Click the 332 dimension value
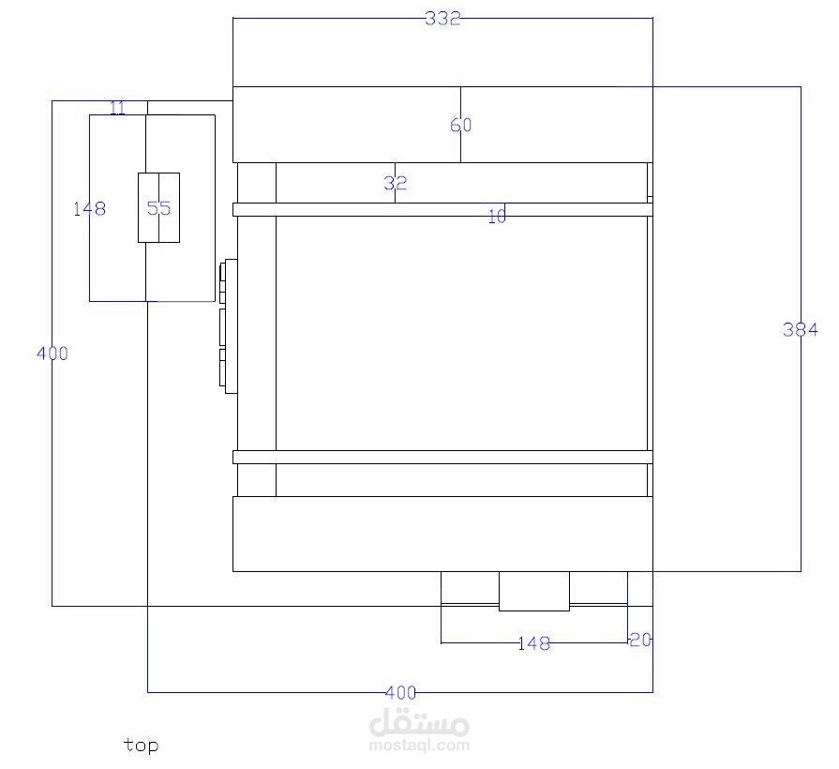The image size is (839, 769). (x=442, y=19)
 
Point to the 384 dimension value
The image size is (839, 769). (x=800, y=329)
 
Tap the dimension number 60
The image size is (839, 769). (x=460, y=125)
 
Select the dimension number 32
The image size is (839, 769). (x=396, y=184)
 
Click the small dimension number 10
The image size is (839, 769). (x=497, y=217)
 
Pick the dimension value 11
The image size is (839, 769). (x=118, y=108)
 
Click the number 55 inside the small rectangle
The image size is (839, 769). (x=159, y=207)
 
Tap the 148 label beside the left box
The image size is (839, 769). (x=89, y=208)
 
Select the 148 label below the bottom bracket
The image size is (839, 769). (x=534, y=643)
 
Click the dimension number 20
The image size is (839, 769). (x=640, y=640)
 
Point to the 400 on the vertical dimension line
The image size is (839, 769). (x=52, y=354)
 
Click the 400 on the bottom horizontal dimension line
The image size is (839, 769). (x=400, y=692)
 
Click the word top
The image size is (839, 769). (x=141, y=746)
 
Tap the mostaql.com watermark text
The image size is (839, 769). (x=420, y=745)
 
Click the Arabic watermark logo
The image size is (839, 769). (x=420, y=721)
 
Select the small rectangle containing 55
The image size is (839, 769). (x=159, y=207)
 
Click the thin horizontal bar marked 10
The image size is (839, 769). (x=443, y=209)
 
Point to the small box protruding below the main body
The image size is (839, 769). (x=534, y=591)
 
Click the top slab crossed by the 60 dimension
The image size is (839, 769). (x=443, y=125)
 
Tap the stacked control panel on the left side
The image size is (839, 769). (x=229, y=326)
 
